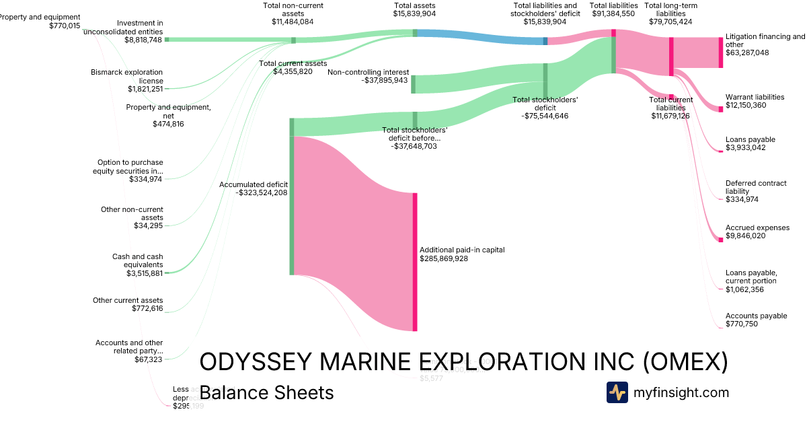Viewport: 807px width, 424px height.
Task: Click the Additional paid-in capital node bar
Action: [415, 262]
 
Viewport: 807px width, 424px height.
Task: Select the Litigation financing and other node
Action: [721, 52]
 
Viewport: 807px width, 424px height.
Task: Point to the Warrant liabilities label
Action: [755, 97]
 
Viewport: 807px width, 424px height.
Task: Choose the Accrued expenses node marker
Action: [721, 232]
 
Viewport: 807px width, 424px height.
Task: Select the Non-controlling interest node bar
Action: [413, 84]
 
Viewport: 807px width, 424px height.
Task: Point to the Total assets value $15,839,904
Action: [415, 13]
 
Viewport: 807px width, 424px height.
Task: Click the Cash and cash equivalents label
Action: [138, 260]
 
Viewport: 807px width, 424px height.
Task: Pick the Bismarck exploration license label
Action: [127, 76]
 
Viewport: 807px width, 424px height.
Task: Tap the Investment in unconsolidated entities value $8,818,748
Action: [143, 40]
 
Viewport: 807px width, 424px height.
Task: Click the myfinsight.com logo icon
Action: [617, 392]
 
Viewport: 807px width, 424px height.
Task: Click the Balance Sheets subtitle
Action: [266, 392]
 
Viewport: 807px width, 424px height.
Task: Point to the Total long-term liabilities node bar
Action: [671, 52]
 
